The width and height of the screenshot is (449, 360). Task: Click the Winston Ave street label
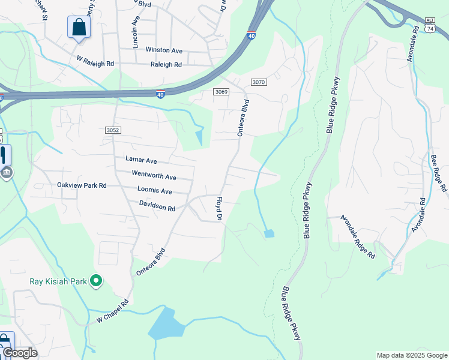pos(163,50)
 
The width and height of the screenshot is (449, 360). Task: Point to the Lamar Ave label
pos(141,160)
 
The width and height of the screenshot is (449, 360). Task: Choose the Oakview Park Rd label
pos(82,186)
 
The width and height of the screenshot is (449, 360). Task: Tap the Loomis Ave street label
pos(154,191)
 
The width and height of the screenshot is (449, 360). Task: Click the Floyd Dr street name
pos(219,209)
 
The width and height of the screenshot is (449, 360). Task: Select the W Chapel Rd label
pos(109,310)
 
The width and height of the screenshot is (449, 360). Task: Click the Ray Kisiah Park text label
pos(58,281)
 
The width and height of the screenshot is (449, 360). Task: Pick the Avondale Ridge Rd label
pos(358,236)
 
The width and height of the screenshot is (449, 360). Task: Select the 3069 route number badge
pos(221,91)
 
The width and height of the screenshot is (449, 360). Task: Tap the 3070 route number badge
pos(258,82)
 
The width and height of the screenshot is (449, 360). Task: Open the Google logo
pos(20,353)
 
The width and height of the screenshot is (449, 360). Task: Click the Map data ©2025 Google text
pos(411,355)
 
